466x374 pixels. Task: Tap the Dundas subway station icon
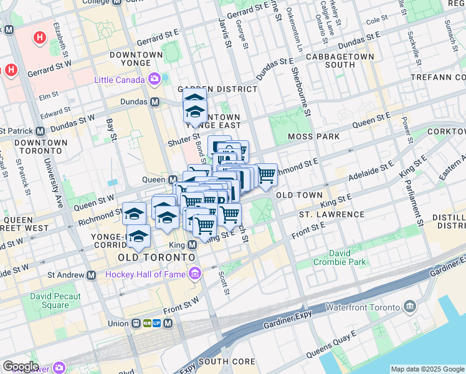pos(154,102)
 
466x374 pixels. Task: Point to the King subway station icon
pos(193,245)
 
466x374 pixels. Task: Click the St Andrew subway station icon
pos(92,275)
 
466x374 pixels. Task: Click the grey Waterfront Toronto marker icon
pos(410,305)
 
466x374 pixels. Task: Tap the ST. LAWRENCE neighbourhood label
pos(331,214)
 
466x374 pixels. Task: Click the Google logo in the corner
pos(20,367)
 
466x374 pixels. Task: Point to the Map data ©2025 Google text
pos(427,369)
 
